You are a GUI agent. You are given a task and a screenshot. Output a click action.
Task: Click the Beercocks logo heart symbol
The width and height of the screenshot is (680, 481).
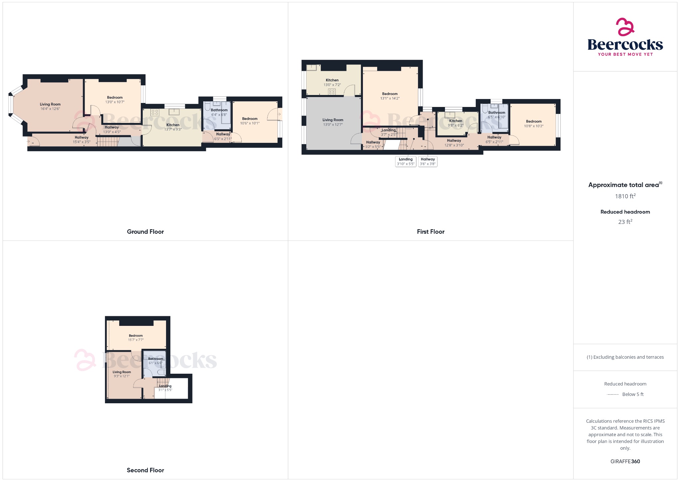click(x=625, y=27)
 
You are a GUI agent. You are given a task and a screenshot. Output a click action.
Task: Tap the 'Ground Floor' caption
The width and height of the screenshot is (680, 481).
click(x=145, y=232)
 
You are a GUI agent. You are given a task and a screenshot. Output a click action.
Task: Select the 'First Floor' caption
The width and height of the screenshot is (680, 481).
click(x=430, y=232)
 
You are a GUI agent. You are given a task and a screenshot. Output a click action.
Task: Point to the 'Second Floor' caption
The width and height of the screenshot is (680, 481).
click(x=145, y=470)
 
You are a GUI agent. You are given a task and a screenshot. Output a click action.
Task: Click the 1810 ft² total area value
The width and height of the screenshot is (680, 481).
click(x=625, y=196)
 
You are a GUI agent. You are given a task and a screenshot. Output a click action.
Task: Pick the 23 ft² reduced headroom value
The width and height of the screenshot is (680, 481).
click(x=625, y=222)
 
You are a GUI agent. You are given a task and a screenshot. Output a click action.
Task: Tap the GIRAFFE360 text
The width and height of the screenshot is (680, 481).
click(x=625, y=461)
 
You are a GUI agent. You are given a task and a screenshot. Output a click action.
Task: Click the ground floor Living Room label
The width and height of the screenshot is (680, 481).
click(x=50, y=104)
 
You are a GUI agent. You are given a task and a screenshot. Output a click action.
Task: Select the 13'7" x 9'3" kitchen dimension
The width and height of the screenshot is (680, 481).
click(x=173, y=130)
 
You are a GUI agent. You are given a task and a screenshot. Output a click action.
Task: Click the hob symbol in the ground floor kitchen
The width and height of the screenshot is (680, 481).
click(x=155, y=112)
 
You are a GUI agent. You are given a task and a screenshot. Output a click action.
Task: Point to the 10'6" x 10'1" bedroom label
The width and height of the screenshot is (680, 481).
click(x=250, y=121)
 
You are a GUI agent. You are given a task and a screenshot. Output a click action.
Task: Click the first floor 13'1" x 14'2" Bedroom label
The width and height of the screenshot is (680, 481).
click(x=389, y=96)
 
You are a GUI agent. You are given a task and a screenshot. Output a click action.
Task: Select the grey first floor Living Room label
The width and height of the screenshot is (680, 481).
click(x=332, y=122)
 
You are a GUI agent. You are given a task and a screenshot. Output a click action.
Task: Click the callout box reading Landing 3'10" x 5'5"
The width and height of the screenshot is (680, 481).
click(x=405, y=161)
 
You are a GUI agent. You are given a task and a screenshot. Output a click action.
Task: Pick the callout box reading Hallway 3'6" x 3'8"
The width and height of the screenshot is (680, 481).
click(x=428, y=161)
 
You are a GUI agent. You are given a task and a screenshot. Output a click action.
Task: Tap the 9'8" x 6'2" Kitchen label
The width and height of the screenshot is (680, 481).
click(x=455, y=123)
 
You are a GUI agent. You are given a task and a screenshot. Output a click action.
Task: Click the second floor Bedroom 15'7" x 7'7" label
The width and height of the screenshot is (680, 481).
click(x=135, y=337)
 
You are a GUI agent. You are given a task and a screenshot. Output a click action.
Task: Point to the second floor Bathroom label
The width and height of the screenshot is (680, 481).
click(x=155, y=359)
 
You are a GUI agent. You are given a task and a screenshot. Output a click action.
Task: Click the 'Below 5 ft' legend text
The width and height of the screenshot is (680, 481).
click(x=633, y=394)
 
